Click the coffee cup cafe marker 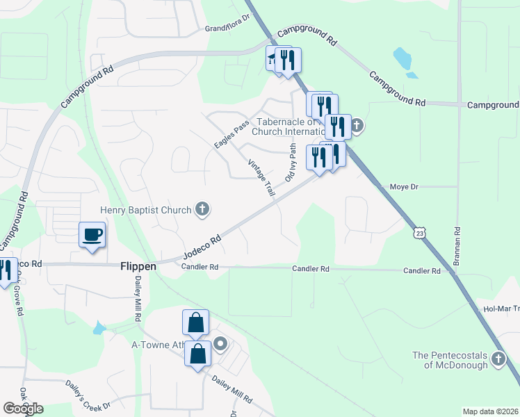point(92,234)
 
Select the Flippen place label point(139,266)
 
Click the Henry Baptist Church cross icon point(202,208)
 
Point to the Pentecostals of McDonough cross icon point(498,359)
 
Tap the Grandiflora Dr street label point(227,28)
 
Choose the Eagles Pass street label point(231,135)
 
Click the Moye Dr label point(404,187)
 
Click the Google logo point(23,409)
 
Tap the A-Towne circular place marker point(220,343)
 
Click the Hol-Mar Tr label point(501,309)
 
